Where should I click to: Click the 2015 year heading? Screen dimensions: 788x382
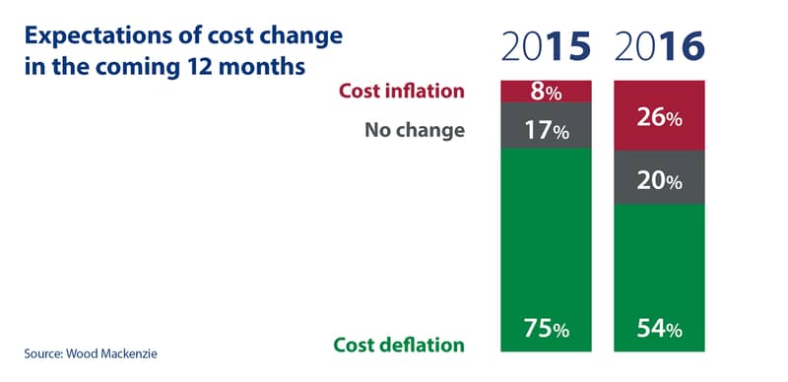click(546, 47)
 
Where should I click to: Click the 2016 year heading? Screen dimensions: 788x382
click(659, 47)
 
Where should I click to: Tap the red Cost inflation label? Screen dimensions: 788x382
click(402, 91)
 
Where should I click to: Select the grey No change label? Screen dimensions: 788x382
click(415, 130)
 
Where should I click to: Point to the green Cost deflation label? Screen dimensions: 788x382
click(399, 345)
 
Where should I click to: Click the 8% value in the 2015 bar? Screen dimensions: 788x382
click(546, 93)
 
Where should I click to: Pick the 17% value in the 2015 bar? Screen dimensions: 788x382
click(547, 131)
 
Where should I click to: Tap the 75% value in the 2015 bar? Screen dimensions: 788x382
click(547, 329)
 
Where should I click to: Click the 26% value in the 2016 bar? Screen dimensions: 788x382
click(659, 118)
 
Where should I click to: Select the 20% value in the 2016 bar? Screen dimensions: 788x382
click(659, 181)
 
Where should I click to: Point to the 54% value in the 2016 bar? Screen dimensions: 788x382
click(659, 329)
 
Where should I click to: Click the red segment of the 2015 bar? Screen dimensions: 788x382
click(546, 92)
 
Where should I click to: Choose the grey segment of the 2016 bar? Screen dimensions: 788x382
click(659, 177)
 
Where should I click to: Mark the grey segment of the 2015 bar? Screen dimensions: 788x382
click(546, 125)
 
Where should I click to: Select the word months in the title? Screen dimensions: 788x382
click(265, 66)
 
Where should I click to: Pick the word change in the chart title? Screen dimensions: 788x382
click(307, 37)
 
